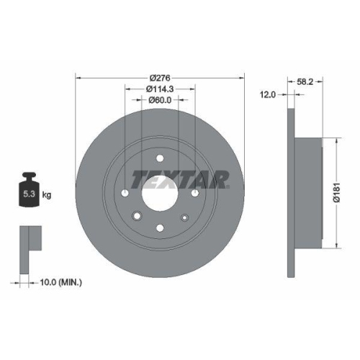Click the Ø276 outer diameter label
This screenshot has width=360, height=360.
coord(160,78)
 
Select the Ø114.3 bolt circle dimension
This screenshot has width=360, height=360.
coord(160,89)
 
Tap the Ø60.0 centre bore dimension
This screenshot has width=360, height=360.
coord(160,100)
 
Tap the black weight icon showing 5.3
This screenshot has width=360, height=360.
coord(30,191)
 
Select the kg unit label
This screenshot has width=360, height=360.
coord(48,195)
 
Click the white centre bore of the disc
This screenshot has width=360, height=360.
coord(160,192)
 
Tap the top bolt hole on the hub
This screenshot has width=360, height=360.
coord(160,157)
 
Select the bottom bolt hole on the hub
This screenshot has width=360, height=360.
coord(160,228)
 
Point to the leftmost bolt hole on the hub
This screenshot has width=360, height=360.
coord(125,192)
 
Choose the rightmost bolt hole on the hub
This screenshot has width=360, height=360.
coord(194,192)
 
